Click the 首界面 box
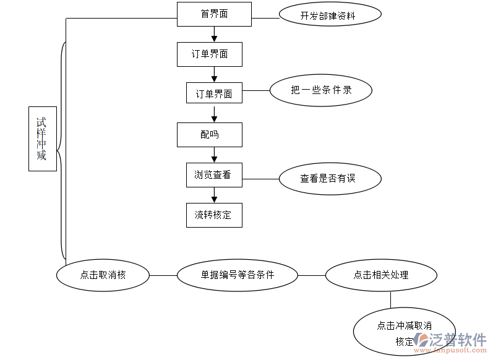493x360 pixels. (214, 14)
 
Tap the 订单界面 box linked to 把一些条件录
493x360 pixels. (214, 93)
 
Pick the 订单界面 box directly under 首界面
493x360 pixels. (209, 54)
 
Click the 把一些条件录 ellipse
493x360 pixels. (321, 90)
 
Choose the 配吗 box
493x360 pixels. (209, 135)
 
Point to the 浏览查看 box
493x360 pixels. (214, 175)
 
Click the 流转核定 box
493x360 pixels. (214, 215)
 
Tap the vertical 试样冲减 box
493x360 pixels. (42, 139)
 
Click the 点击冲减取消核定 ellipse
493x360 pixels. (405, 332)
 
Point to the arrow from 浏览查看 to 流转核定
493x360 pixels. (214, 195)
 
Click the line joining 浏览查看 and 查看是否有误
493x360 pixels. (260, 179)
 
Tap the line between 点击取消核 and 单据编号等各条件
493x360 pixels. (163, 275)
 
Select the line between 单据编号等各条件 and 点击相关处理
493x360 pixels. (312, 275)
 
